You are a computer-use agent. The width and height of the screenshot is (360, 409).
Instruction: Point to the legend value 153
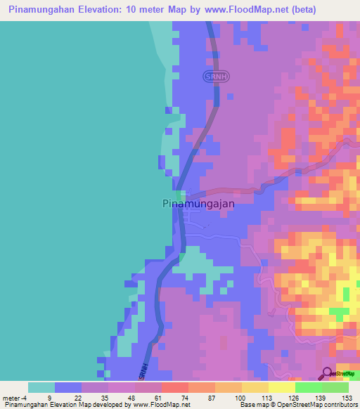[348, 397]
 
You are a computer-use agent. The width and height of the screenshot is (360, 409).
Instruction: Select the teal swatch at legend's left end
[41, 387]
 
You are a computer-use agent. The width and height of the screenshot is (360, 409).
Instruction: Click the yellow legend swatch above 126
[281, 387]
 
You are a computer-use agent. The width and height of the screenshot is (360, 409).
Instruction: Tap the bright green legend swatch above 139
[308, 387]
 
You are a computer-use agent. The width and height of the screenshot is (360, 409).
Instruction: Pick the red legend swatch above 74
[174, 387]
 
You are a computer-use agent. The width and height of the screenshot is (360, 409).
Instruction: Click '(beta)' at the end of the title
[300, 10]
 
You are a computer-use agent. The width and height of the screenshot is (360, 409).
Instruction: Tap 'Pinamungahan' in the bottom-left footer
[25, 405]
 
